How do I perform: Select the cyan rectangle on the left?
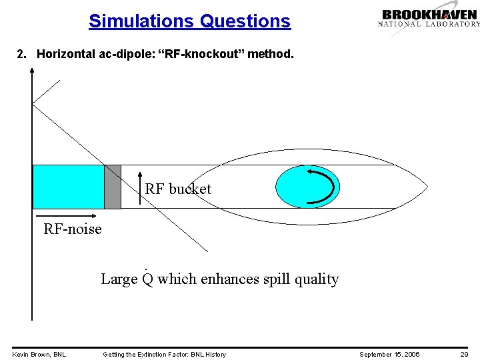[x=68, y=187]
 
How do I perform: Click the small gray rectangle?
[x=113, y=187]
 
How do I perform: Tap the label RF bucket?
[x=178, y=189]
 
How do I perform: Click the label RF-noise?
[x=73, y=229]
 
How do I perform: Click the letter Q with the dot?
[x=147, y=279]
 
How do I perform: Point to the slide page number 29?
[x=464, y=354]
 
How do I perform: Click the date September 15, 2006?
[x=389, y=354]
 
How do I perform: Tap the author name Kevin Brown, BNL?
[x=39, y=354]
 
